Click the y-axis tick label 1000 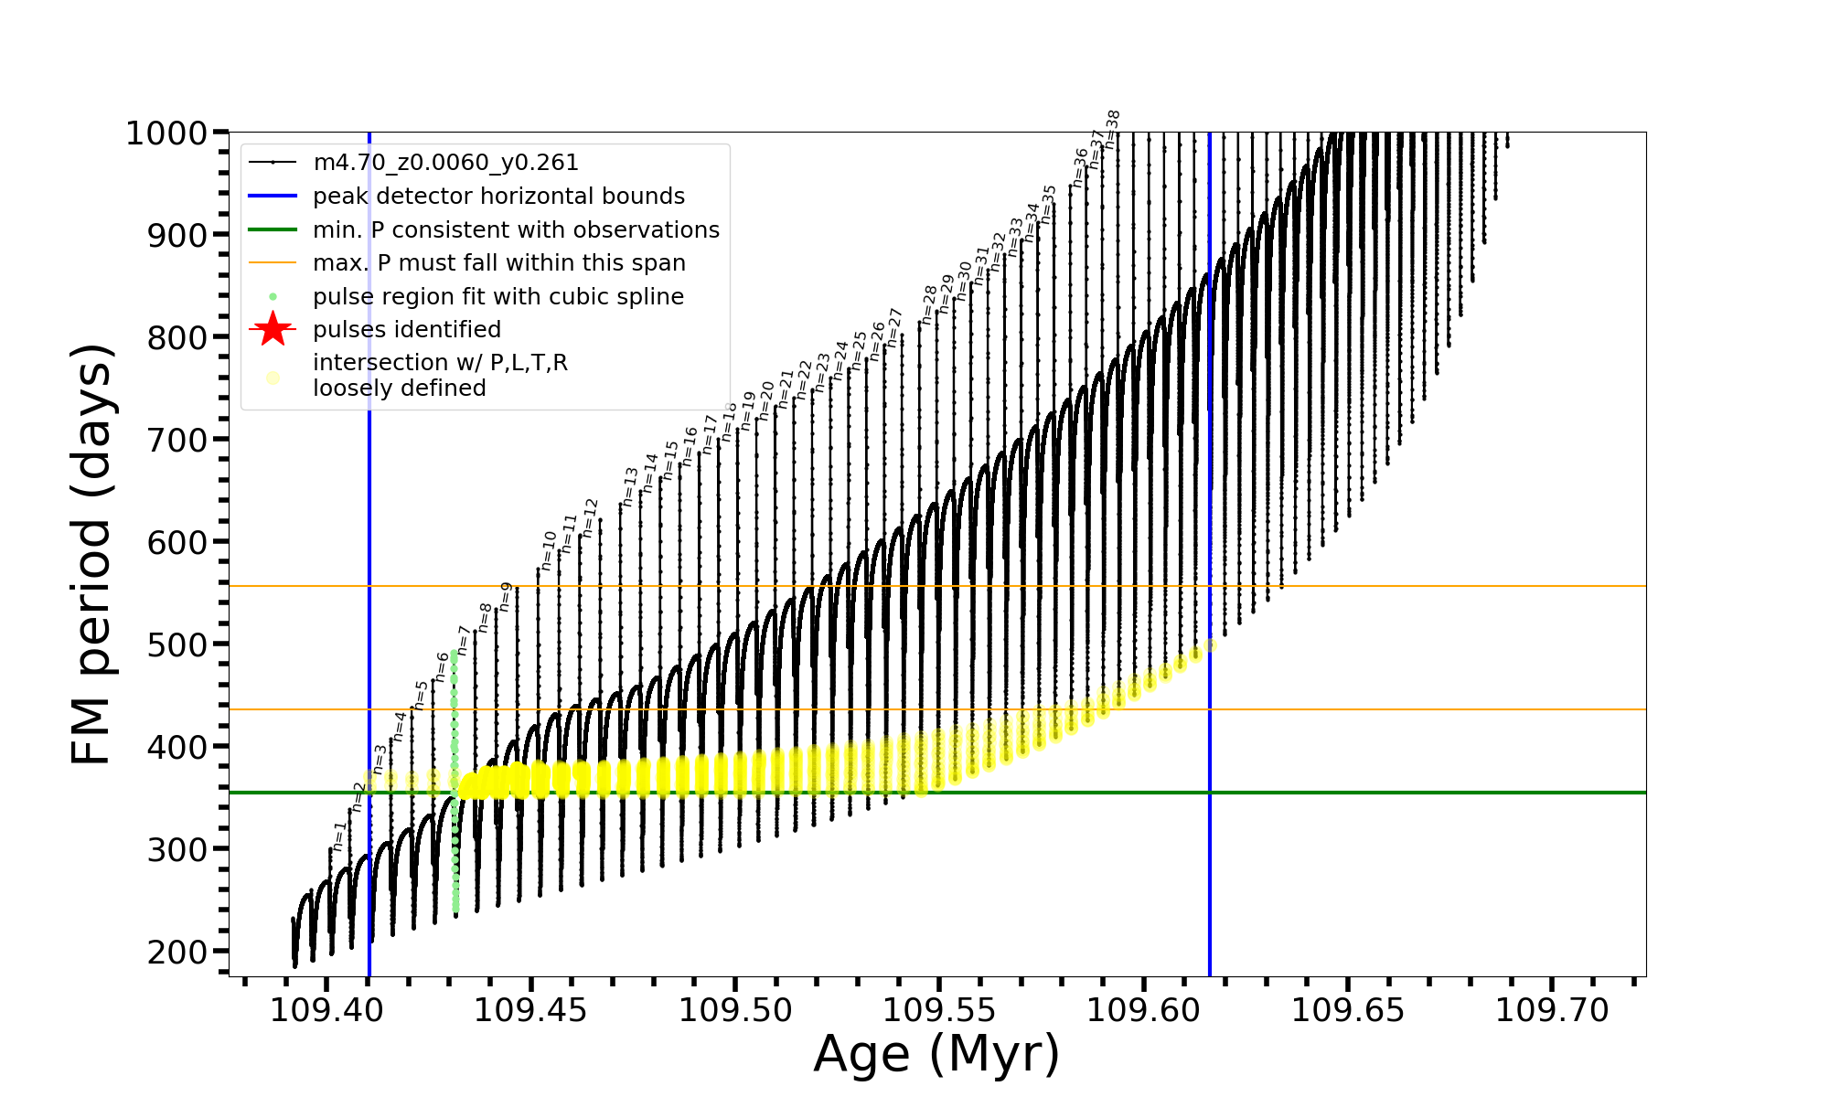coord(166,133)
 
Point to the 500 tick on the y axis coord(178,644)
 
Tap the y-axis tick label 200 coord(178,952)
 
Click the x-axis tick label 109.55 coord(938,1011)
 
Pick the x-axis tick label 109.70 coord(1551,1011)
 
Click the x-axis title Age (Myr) coord(936,1054)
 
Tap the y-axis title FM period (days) coord(91,554)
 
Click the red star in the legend coord(273,330)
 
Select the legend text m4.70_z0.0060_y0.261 coord(445,163)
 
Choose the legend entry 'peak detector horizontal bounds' coord(498,197)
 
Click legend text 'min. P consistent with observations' coord(516,230)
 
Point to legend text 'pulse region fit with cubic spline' coord(498,297)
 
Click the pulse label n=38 coord(1112,130)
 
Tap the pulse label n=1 coord(339,836)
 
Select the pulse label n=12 coord(590,517)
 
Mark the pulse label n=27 coord(895,327)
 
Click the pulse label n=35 coord(1048,205)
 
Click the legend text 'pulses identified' coord(407,330)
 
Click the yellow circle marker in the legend coord(273,377)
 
